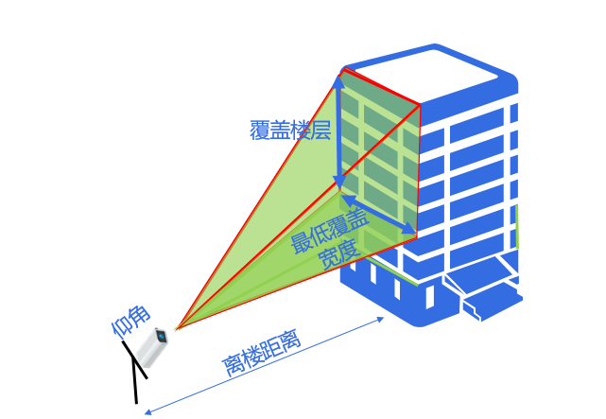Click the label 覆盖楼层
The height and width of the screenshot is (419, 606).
[290, 130]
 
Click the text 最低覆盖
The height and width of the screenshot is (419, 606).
[330, 231]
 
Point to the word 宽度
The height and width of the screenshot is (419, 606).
[339, 255]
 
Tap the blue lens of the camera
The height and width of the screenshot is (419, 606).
[162, 337]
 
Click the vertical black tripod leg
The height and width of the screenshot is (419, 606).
[135, 380]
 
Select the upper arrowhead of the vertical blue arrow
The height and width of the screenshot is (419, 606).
[339, 80]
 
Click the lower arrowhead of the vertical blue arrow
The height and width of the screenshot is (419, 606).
[339, 182]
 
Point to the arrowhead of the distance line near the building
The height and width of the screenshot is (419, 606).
[380, 319]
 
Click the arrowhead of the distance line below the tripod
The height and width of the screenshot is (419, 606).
[147, 412]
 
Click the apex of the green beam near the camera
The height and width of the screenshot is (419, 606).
[176, 329]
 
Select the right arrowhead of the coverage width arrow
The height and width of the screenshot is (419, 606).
[409, 229]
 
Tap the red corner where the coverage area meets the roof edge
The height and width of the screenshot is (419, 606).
[420, 104]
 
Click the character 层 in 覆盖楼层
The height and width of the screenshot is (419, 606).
[321, 130]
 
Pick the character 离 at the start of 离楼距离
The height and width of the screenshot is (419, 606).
[234, 366]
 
